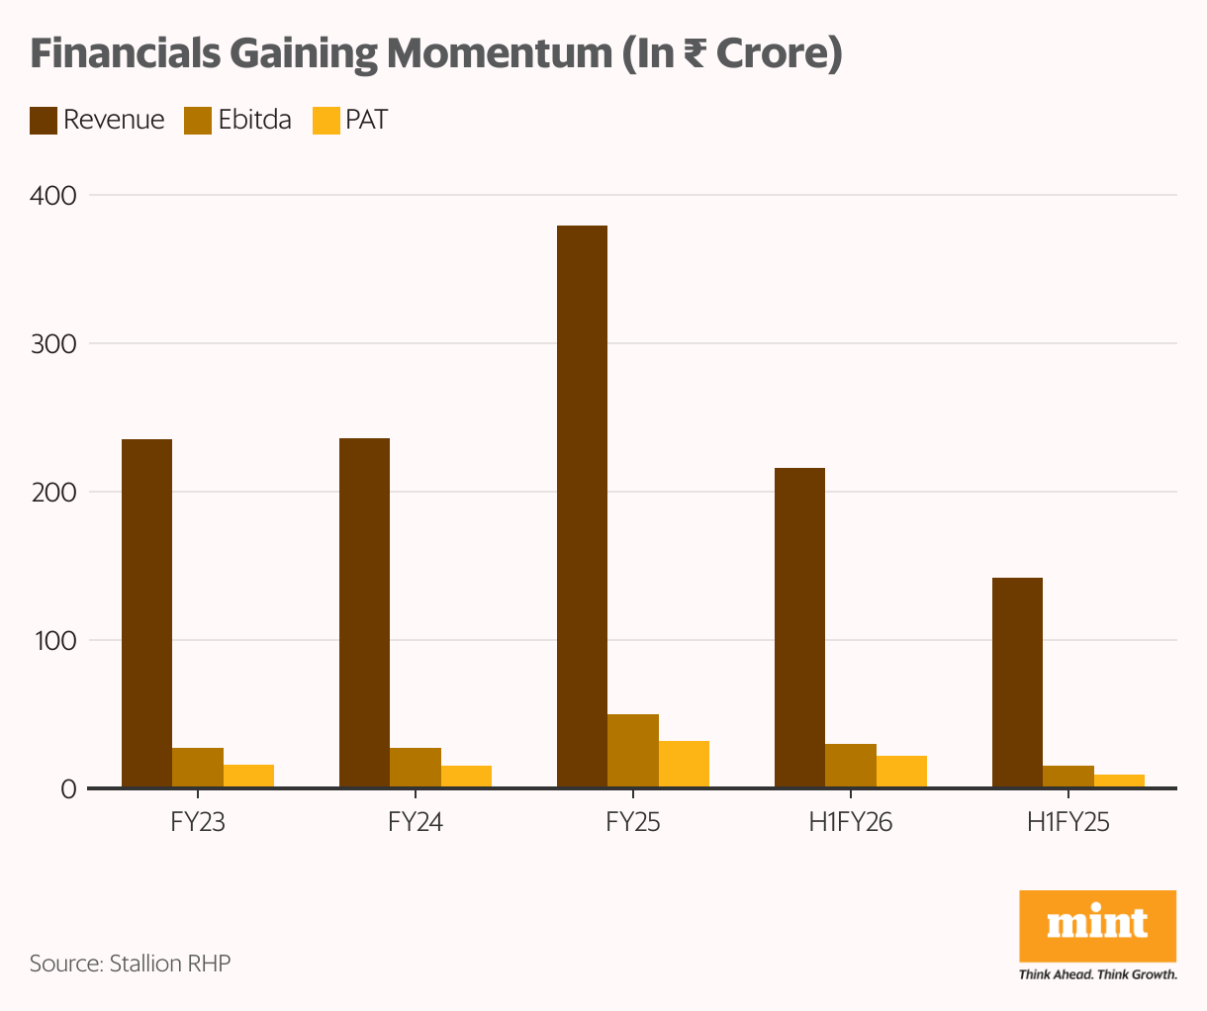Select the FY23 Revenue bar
146,613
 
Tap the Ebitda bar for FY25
633,751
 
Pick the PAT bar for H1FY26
901,772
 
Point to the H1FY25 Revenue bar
1017,683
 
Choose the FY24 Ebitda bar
416,768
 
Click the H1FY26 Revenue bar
799,628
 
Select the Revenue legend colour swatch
44,121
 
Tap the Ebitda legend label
254,121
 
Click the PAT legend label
366,121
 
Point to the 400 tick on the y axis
53,196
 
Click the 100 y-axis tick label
54,641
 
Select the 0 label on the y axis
68,789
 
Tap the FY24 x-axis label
416,822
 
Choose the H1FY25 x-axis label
1068,822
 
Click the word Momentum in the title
498,53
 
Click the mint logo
1097,925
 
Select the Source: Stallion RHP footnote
130,964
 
